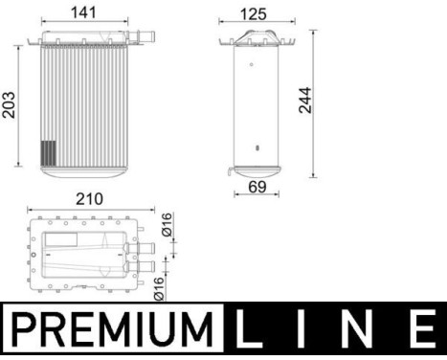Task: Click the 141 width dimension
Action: click(x=86, y=13)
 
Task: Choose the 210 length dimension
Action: click(x=88, y=200)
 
